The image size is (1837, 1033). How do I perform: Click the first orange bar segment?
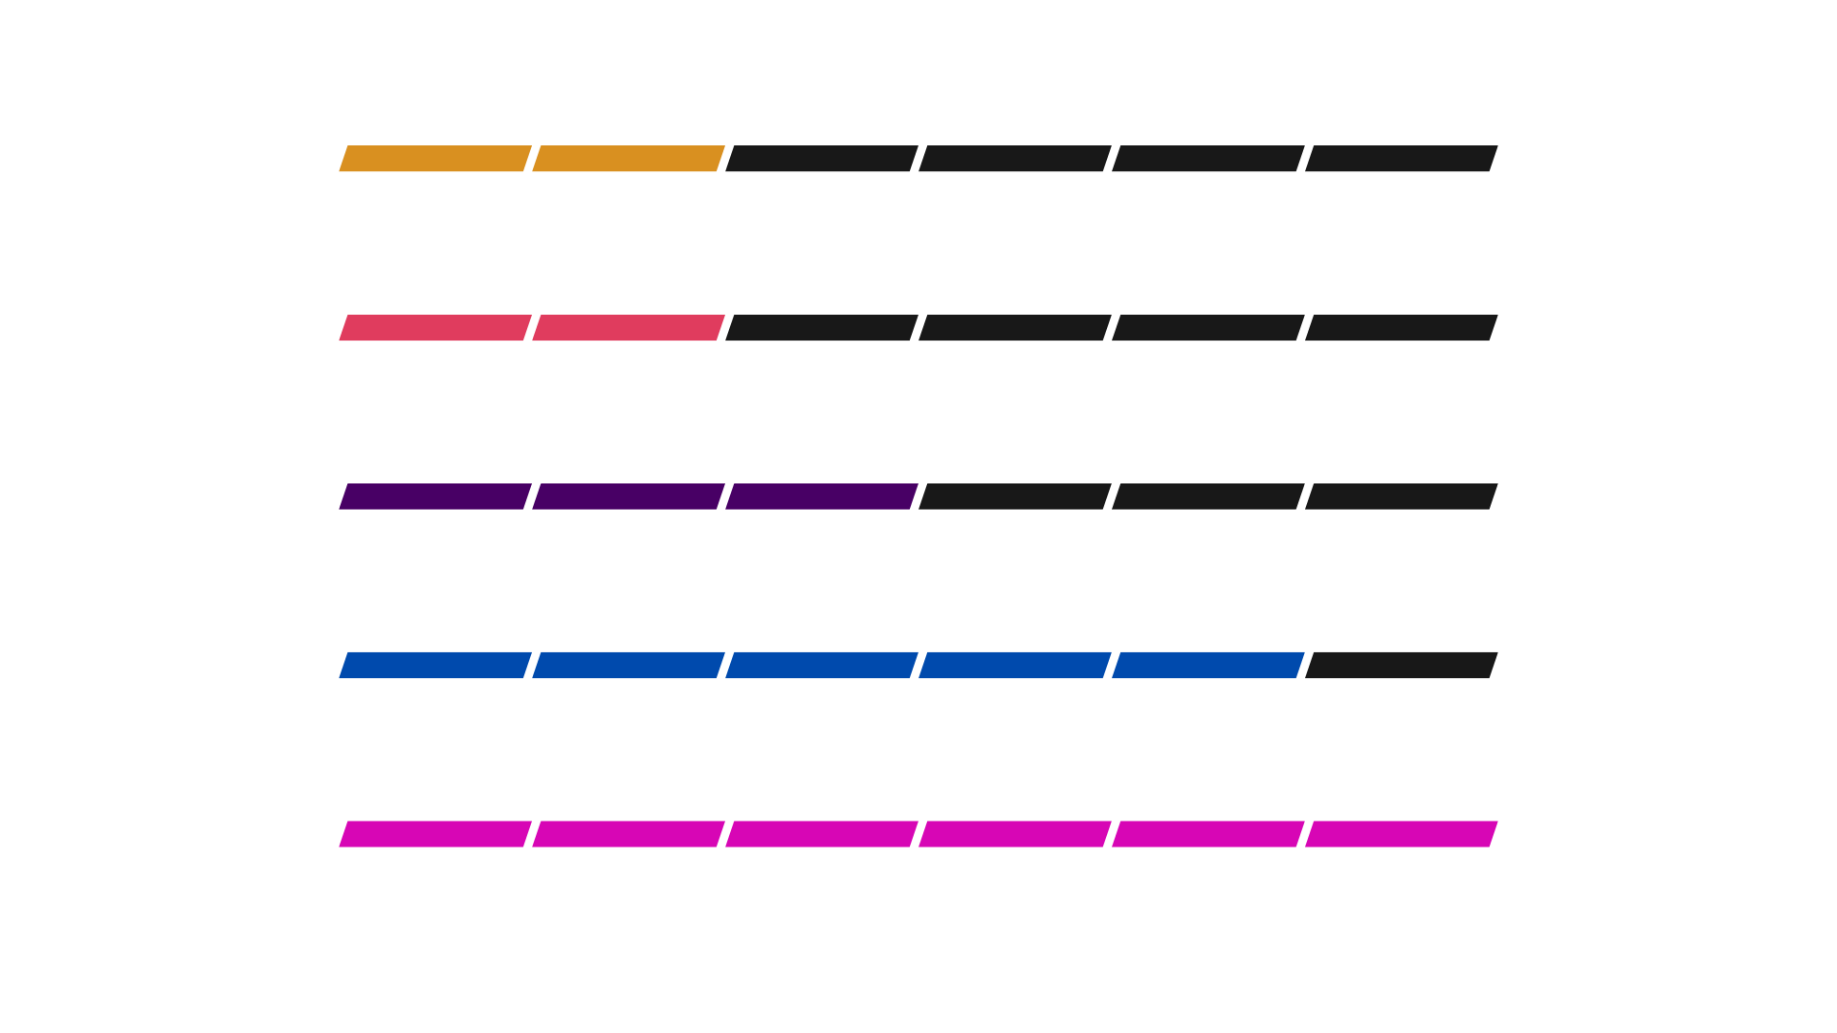tap(435, 159)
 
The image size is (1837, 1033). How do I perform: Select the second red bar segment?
tap(629, 328)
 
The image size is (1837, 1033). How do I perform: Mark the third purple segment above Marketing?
tap(822, 496)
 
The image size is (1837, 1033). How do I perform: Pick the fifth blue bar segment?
tap(1208, 665)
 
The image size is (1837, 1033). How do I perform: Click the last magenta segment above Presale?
tap(1402, 834)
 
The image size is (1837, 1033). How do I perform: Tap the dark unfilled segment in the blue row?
tap(1402, 665)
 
